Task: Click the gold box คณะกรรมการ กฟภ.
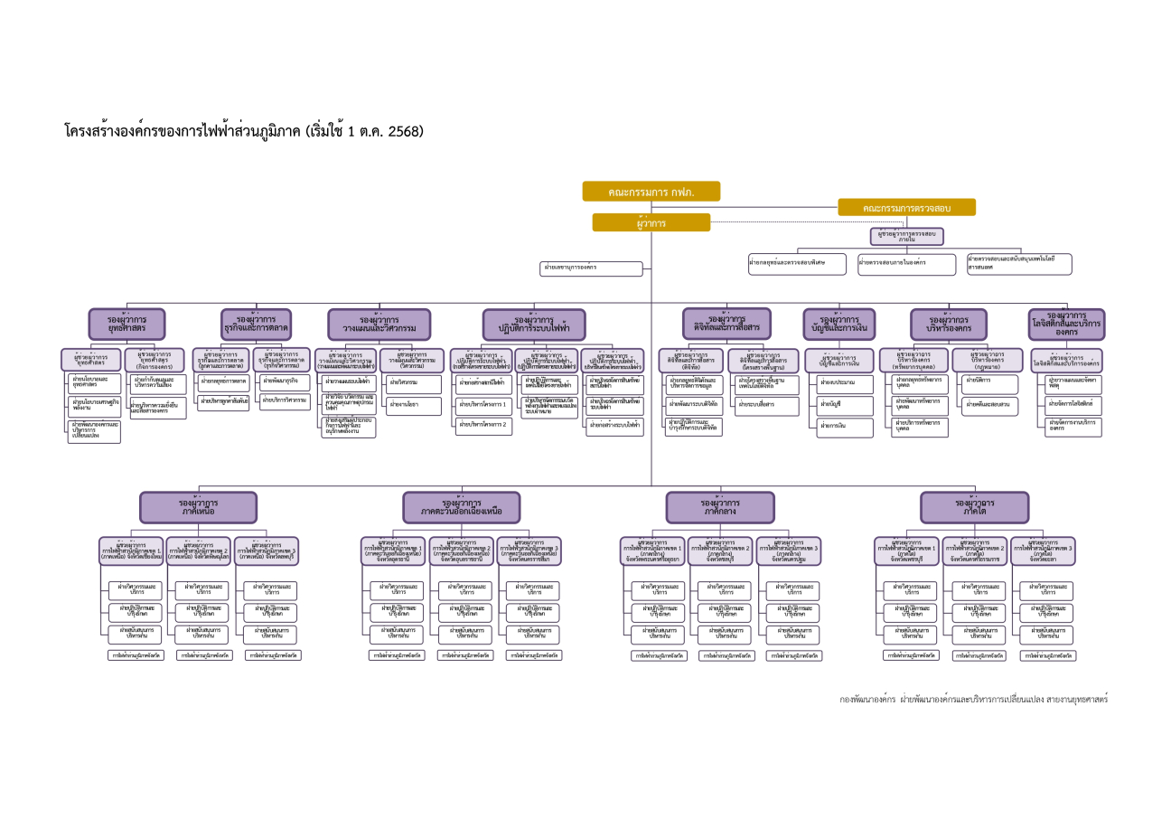tap(651, 192)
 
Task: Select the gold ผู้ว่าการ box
tap(651, 222)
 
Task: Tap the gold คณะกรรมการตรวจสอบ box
tap(906, 208)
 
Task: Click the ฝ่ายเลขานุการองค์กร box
tap(592, 268)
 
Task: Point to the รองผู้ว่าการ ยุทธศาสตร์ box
tap(126, 324)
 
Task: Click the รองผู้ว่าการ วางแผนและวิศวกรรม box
tap(379, 324)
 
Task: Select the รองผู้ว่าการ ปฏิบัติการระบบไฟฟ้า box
tap(534, 325)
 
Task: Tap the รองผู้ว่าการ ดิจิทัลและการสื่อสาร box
tap(726, 324)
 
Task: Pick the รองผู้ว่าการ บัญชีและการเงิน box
tap(839, 324)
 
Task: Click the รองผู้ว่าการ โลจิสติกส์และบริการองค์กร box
tap(1066, 325)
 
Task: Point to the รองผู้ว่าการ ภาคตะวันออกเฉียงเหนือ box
tap(461, 507)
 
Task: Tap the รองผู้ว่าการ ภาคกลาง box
tap(721, 507)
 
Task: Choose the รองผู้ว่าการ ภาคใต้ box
tap(974, 507)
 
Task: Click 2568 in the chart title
tap(406, 131)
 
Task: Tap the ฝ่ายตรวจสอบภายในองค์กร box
tap(905, 264)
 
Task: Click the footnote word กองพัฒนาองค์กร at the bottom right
tap(867, 699)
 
